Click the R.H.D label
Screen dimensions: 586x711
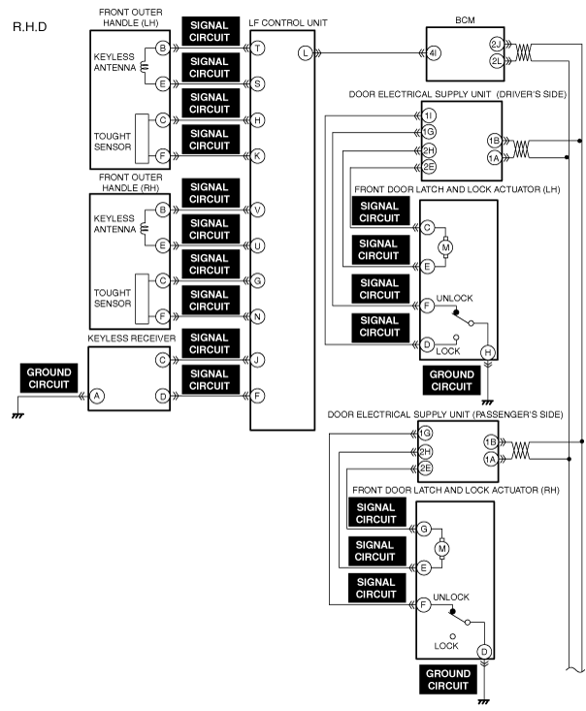click(x=29, y=27)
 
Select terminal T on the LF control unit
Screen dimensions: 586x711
click(x=258, y=48)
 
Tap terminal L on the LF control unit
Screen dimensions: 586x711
click(x=306, y=53)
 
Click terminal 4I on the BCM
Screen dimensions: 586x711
click(x=434, y=53)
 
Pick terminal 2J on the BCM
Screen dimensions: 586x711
click(x=496, y=45)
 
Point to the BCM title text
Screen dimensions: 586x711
click(x=465, y=20)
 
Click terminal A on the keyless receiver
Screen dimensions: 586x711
click(x=97, y=396)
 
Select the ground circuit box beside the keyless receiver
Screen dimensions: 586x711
click(x=49, y=378)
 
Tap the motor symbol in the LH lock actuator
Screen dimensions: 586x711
click(x=445, y=247)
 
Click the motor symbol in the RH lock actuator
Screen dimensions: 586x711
click(x=441, y=549)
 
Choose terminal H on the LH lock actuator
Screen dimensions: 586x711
click(x=488, y=352)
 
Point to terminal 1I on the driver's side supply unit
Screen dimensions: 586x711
click(x=429, y=115)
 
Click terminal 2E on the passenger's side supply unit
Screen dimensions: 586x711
click(x=425, y=469)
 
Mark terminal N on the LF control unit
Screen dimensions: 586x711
click(x=258, y=316)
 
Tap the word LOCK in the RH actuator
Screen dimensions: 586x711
click(x=446, y=646)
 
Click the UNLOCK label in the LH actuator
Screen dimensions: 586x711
click(x=454, y=298)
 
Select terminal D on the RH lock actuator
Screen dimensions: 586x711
click(x=484, y=652)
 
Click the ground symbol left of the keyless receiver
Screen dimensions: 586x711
click(x=17, y=415)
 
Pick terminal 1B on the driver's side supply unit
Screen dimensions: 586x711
click(x=494, y=141)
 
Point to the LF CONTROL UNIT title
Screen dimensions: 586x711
click(x=288, y=22)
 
